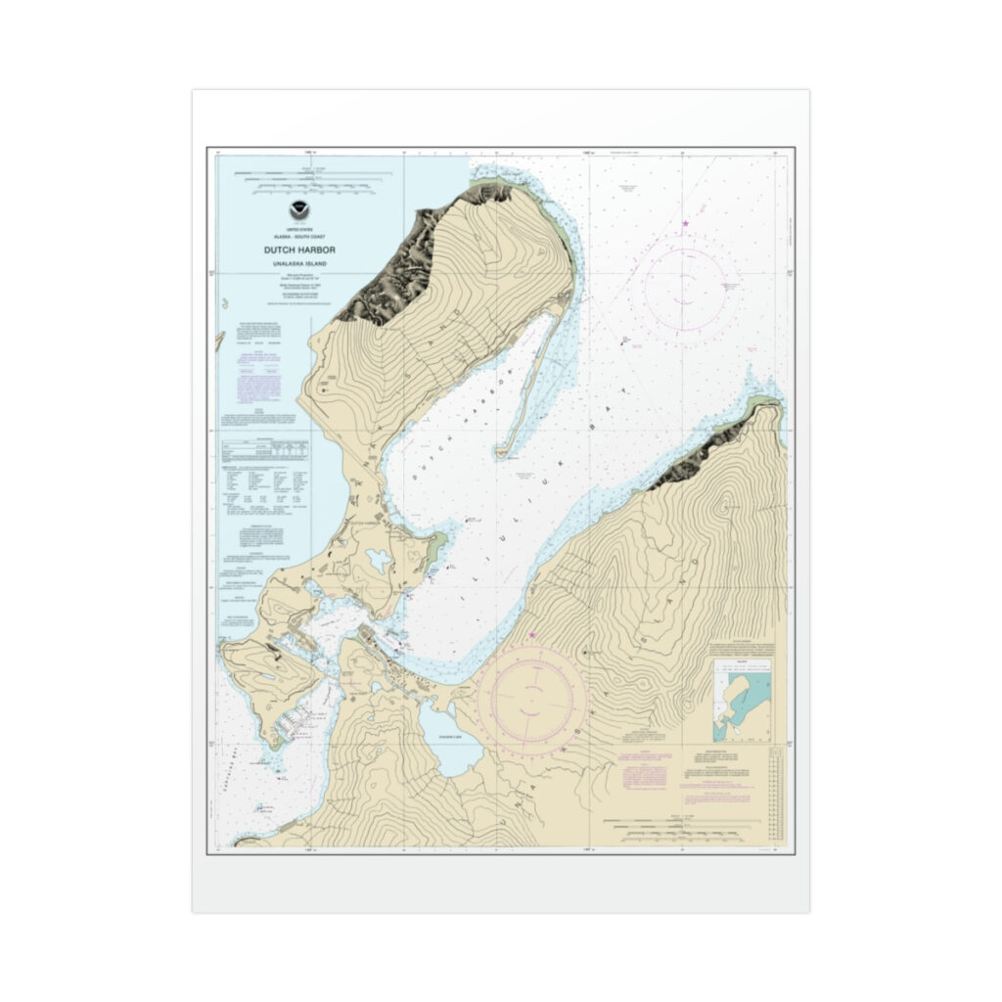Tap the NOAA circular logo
(298, 209)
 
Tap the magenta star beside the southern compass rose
(532, 636)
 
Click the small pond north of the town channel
(378, 561)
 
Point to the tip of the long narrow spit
(502, 453)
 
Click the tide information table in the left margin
(262, 448)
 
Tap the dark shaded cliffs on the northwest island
(401, 264)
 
